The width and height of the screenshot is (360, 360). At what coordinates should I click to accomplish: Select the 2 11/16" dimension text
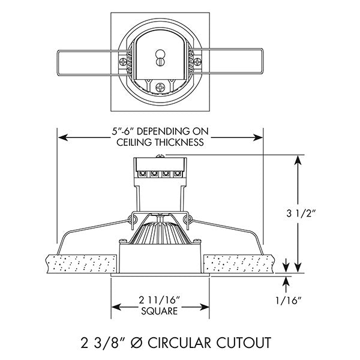point(159,299)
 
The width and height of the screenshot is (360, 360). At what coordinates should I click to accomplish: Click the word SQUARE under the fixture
point(159,311)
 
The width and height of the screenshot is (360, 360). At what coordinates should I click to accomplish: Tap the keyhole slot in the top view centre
point(160,59)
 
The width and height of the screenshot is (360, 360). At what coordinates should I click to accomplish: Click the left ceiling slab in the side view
point(81,263)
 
